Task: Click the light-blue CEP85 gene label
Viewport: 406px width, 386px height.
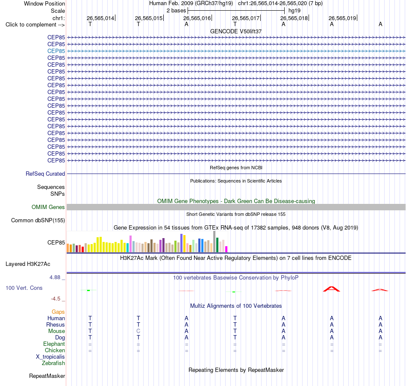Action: tap(56, 51)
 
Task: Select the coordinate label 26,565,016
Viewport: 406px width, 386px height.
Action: tap(197, 18)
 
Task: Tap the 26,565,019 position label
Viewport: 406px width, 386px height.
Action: tap(342, 18)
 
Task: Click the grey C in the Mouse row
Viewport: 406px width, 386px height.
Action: tap(138, 331)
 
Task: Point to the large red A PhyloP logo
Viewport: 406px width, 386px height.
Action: tap(332, 289)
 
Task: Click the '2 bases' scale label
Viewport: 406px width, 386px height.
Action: tap(177, 11)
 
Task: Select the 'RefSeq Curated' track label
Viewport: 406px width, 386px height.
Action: tap(45, 174)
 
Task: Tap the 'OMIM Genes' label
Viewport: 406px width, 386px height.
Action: tap(48, 207)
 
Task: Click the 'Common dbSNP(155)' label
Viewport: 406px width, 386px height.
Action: tap(38, 221)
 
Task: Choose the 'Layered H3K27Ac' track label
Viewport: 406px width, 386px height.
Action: tap(28, 264)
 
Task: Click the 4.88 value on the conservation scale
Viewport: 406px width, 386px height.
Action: tap(55, 277)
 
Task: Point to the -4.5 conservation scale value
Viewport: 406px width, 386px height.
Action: tap(56, 299)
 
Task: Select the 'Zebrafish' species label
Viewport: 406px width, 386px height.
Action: tap(53, 363)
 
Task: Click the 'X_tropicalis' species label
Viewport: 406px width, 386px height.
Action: tap(50, 357)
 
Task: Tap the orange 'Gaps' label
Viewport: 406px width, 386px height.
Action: tap(58, 312)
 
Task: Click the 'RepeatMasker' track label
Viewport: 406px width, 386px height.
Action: tap(47, 376)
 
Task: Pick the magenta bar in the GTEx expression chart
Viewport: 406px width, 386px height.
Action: tap(227, 249)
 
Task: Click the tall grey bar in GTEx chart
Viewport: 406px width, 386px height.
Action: tap(215, 242)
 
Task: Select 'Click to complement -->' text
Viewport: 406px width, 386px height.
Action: tap(35, 25)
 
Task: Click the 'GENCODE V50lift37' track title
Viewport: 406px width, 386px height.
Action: tap(236, 31)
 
